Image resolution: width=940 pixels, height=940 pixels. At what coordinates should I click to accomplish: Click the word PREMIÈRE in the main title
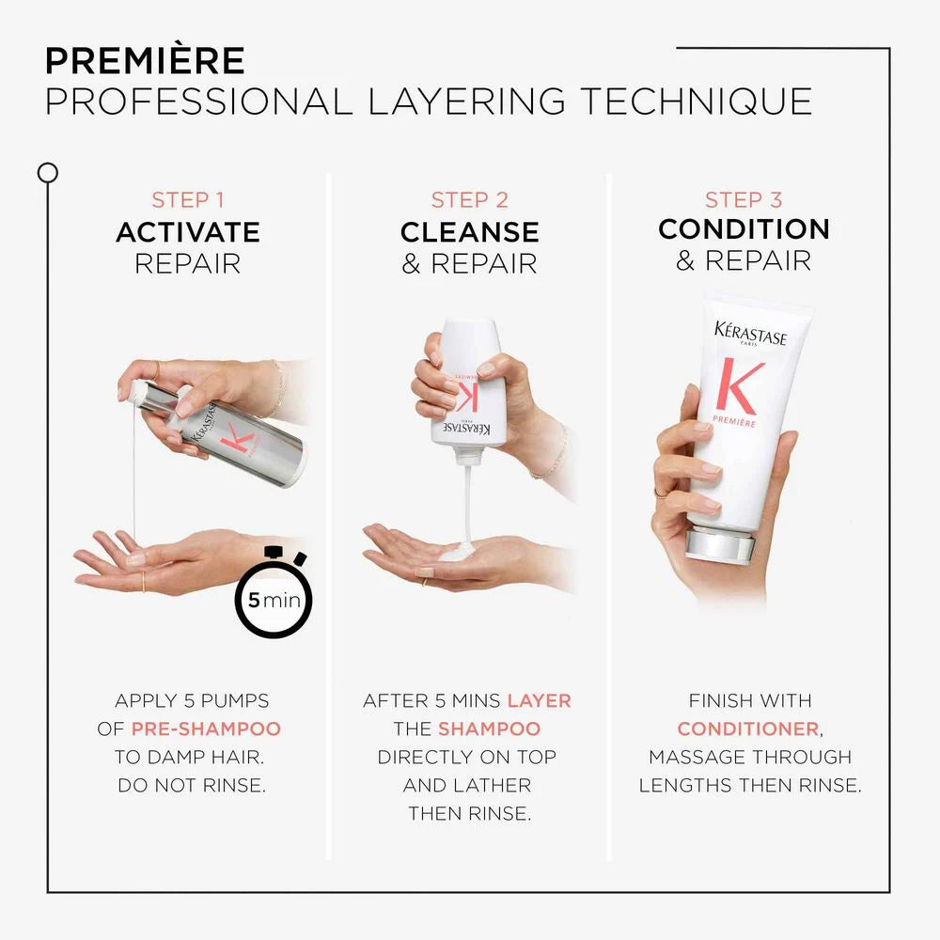pyautogui.click(x=145, y=60)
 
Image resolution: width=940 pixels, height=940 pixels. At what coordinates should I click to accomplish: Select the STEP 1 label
pyautogui.click(x=188, y=200)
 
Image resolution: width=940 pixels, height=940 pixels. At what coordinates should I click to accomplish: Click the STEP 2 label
pyautogui.click(x=469, y=200)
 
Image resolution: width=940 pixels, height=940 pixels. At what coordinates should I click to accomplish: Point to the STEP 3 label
pyautogui.click(x=744, y=200)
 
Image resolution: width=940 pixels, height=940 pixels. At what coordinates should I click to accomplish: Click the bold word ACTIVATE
pyautogui.click(x=188, y=232)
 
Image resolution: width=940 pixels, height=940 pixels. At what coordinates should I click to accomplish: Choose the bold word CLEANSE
pyautogui.click(x=469, y=232)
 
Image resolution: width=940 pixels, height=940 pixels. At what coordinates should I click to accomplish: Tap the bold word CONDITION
pyautogui.click(x=744, y=229)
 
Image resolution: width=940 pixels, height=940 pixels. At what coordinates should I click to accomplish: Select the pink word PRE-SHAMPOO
pyautogui.click(x=206, y=728)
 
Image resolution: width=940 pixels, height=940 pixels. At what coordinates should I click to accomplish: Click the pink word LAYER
pyautogui.click(x=539, y=700)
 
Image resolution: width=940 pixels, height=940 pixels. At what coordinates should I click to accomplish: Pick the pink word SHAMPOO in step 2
pyautogui.click(x=489, y=728)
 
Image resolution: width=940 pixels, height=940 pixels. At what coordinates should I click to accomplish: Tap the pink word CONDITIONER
pyautogui.click(x=748, y=728)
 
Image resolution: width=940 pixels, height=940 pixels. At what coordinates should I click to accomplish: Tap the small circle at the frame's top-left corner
pyautogui.click(x=47, y=173)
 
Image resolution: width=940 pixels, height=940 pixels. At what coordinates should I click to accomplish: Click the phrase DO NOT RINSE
pyautogui.click(x=192, y=785)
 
